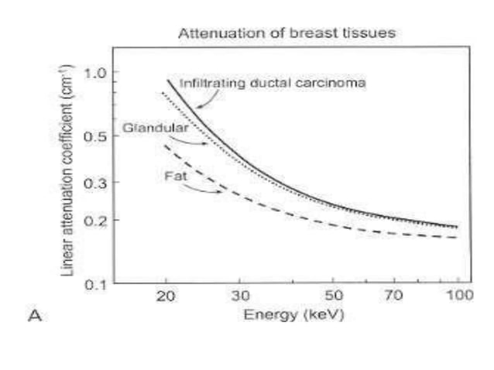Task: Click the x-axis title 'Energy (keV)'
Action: tap(293, 316)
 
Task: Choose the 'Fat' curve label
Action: tap(172, 176)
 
